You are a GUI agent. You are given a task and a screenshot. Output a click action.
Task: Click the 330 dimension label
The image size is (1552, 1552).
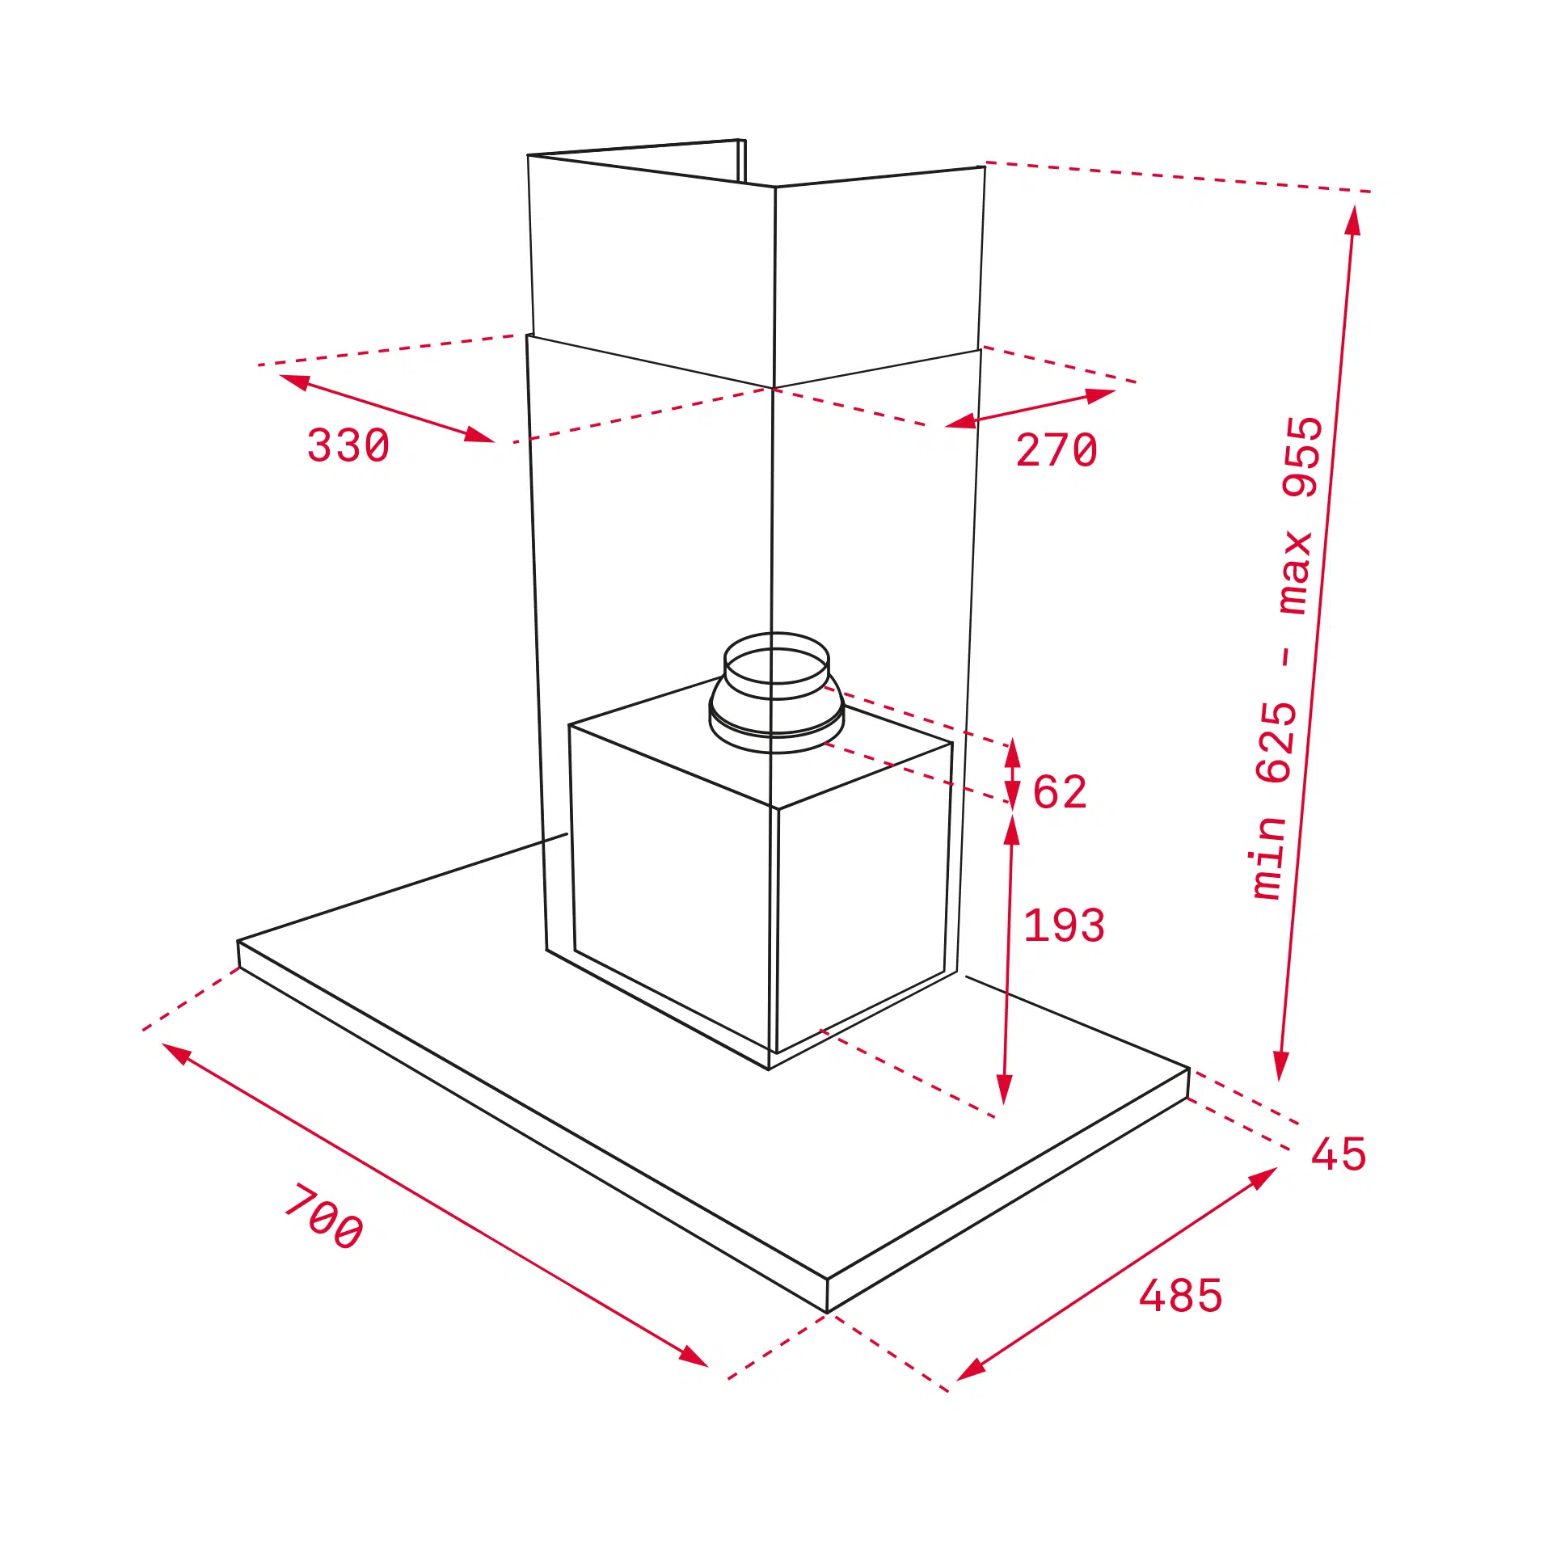coord(348,445)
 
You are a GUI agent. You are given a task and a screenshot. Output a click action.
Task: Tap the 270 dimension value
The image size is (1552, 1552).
coord(1056,449)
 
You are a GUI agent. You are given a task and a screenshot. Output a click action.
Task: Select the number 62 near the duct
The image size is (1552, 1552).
coord(1060,791)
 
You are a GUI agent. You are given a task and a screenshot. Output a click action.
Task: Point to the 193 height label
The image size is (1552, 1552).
coord(1064,926)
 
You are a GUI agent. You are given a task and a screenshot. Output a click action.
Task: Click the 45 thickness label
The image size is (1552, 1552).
coord(1339,1153)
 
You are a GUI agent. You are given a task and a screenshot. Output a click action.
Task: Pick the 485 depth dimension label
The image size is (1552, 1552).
coord(1180,1296)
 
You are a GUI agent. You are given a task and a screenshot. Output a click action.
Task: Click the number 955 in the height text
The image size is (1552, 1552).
coord(1302,457)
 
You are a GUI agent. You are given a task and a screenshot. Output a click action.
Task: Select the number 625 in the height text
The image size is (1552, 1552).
coord(1277,742)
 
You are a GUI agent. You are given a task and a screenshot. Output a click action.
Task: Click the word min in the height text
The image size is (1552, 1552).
coord(1267,858)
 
